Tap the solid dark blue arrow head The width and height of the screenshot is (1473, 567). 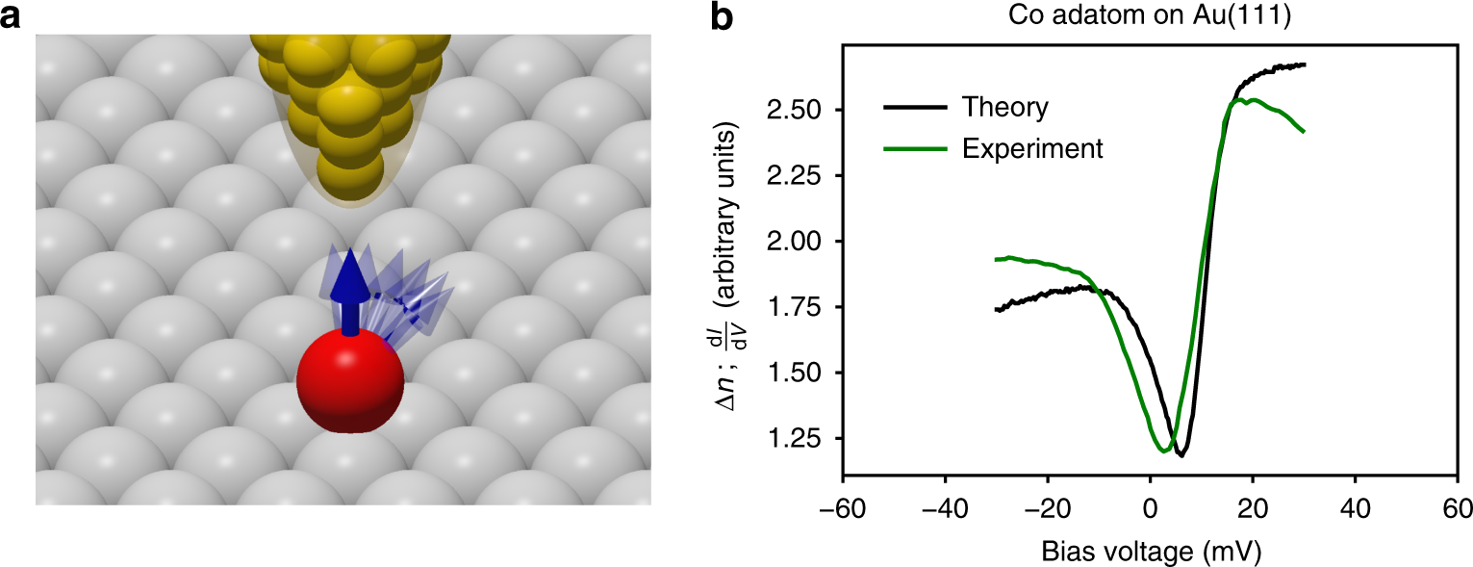click(350, 271)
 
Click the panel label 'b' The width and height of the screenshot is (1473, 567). click(723, 18)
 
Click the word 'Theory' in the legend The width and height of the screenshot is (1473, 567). click(1005, 107)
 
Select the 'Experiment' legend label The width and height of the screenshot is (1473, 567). click(1032, 148)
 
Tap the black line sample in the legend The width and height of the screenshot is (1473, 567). click(913, 108)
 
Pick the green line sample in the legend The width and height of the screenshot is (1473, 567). click(913, 149)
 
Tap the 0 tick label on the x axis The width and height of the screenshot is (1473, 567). click(1150, 506)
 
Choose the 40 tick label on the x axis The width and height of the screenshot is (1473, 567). click(1355, 506)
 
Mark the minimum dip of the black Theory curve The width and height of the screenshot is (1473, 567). click(1181, 454)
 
